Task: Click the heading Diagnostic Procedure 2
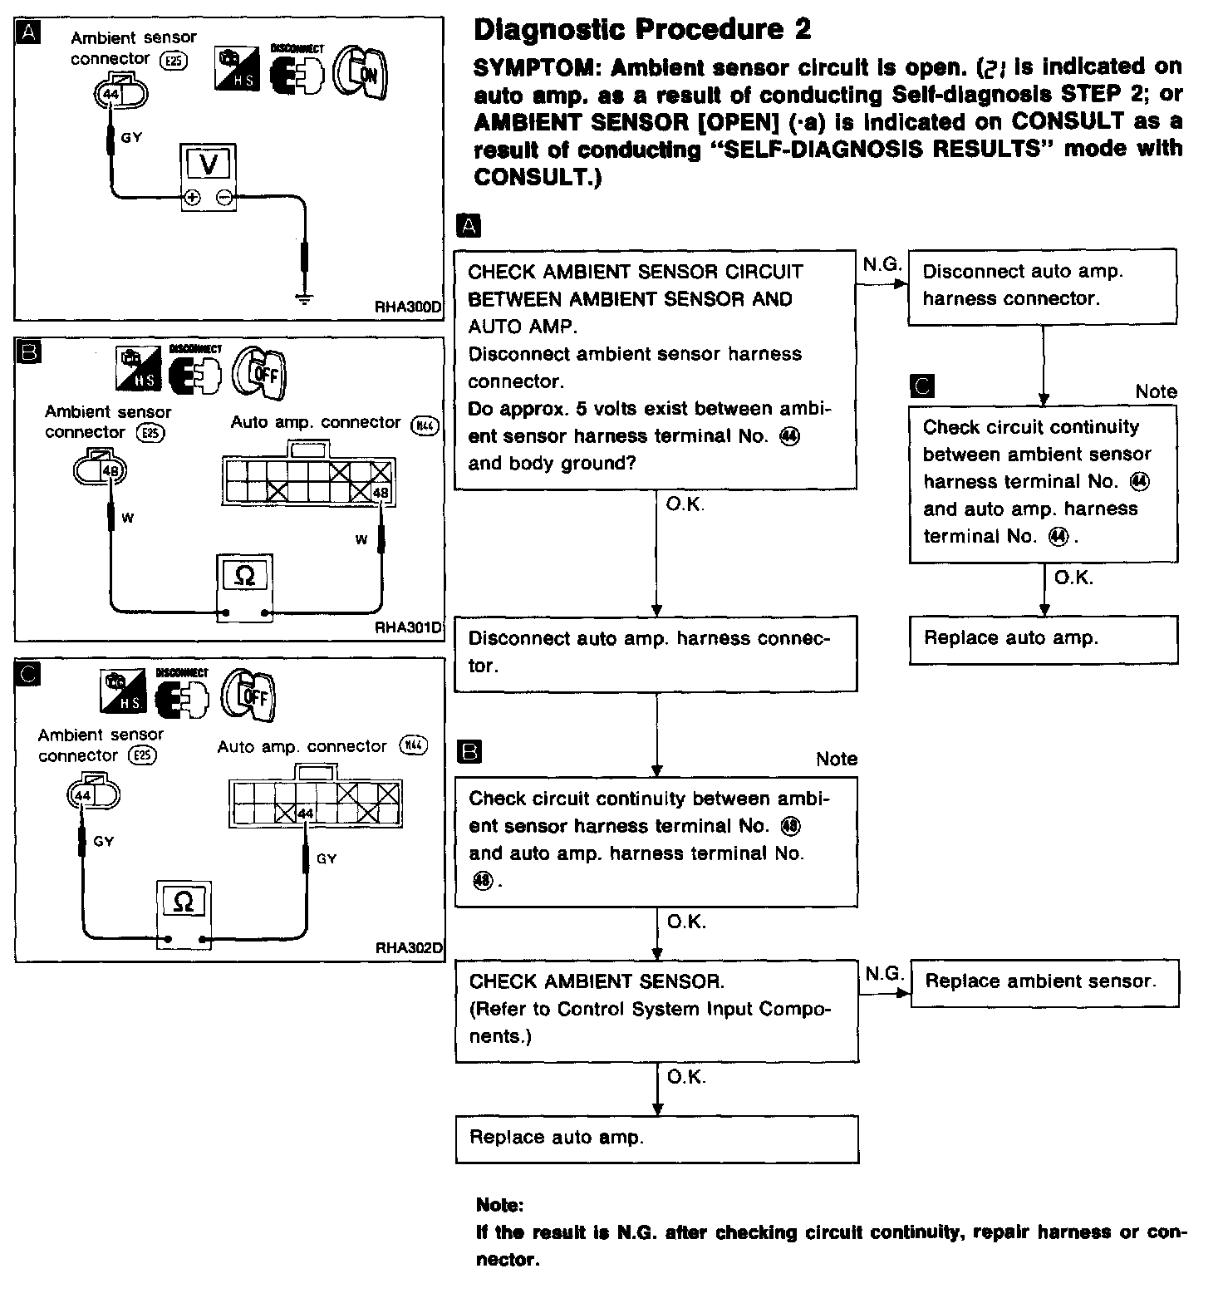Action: pyautogui.click(x=641, y=30)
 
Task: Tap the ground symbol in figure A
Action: pyautogui.click(x=305, y=296)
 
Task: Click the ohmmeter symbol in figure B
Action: pyautogui.click(x=244, y=575)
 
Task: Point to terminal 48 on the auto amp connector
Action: pyautogui.click(x=381, y=493)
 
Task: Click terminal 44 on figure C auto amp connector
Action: pyautogui.click(x=305, y=813)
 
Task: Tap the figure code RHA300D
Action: pyautogui.click(x=408, y=307)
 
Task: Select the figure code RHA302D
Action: pyautogui.click(x=408, y=947)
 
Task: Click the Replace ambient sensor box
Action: pyautogui.click(x=1044, y=982)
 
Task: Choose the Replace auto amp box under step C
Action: pyautogui.click(x=1044, y=638)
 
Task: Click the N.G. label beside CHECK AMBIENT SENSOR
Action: pyautogui.click(x=884, y=973)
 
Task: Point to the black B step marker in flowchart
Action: pyautogui.click(x=469, y=753)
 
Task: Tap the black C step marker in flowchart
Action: pyautogui.click(x=922, y=386)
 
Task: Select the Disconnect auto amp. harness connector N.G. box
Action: pyautogui.click(x=1043, y=285)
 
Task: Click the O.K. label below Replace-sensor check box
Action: pyautogui.click(x=686, y=1077)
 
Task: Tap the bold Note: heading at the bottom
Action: pyautogui.click(x=499, y=1205)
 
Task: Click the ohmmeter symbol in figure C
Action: pyautogui.click(x=184, y=902)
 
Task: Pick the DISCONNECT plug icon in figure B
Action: pyautogui.click(x=195, y=371)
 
